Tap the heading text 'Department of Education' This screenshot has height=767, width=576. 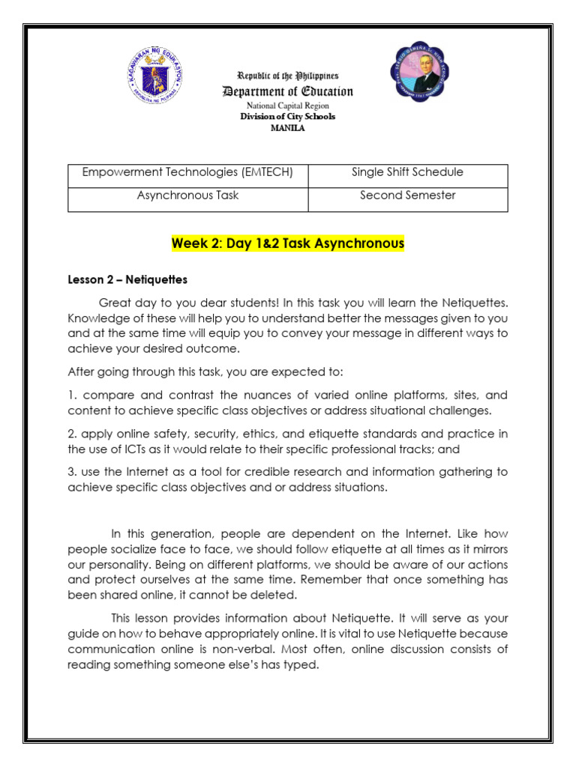click(x=287, y=91)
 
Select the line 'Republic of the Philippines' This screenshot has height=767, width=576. click(x=287, y=76)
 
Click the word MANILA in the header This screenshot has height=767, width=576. click(x=287, y=127)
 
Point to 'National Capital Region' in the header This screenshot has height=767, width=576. click(x=287, y=106)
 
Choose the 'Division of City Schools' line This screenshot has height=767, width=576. click(x=287, y=117)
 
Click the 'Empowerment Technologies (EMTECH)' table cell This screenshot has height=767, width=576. click(x=187, y=172)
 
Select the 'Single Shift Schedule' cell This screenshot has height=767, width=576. click(x=407, y=172)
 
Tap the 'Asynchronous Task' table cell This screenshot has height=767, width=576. click(x=187, y=195)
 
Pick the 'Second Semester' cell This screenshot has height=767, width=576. click(x=407, y=195)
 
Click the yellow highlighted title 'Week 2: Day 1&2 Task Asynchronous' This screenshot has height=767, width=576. click(x=288, y=243)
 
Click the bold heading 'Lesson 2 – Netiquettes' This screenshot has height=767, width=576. click(x=127, y=279)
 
